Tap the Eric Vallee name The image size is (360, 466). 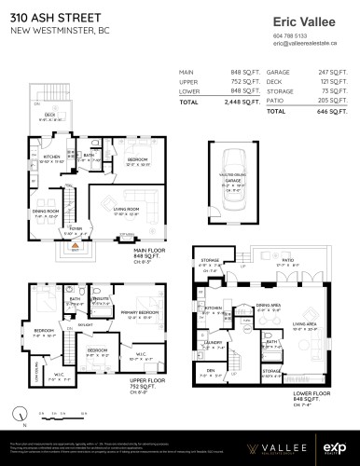coord(301,21)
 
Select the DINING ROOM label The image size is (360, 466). coord(45,211)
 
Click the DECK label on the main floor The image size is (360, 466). coord(48,115)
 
